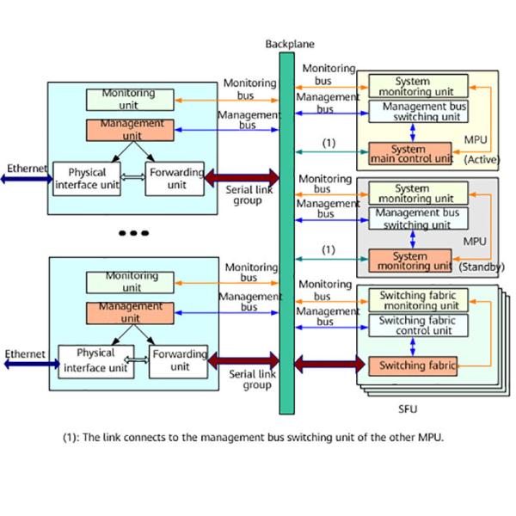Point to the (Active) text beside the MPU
483,160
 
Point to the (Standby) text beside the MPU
481,267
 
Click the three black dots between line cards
134,233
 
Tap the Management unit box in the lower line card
130,311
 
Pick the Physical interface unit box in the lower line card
95,360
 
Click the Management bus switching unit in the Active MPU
418,111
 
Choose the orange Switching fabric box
413,365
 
